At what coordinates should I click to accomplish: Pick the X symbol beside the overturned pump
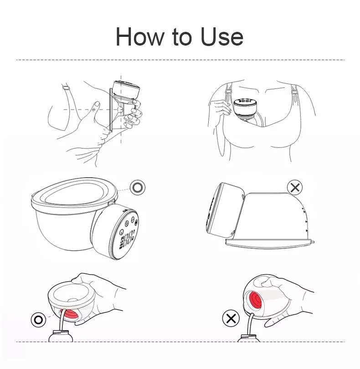tap(296, 187)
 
